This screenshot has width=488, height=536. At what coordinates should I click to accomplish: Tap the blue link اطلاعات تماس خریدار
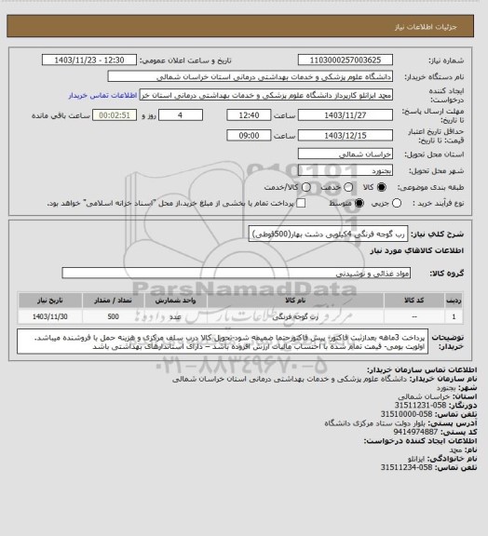coord(102,94)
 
